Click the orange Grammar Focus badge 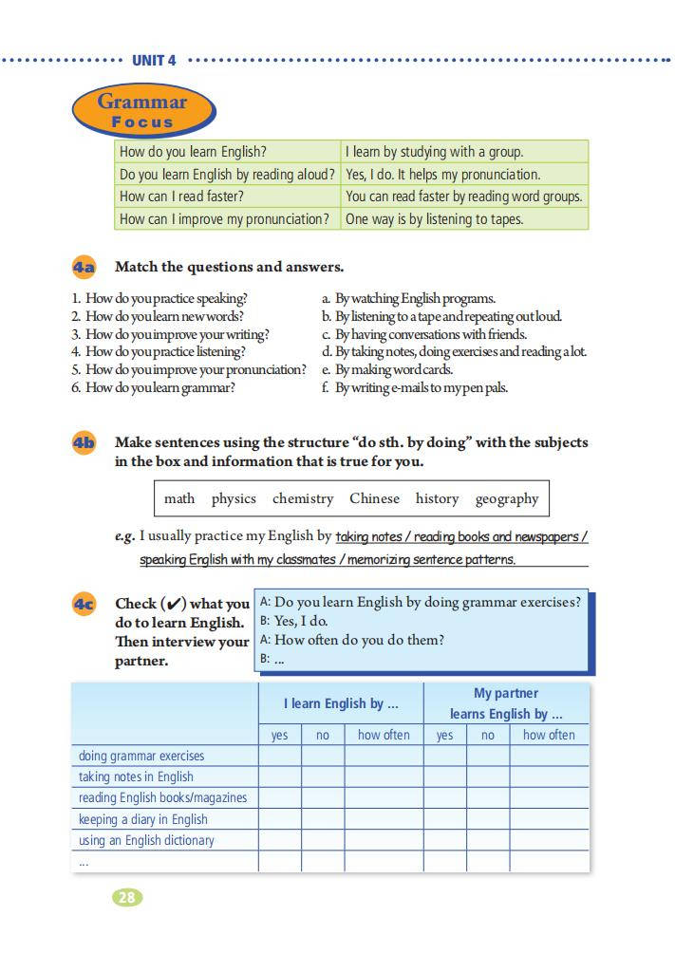pyautogui.click(x=142, y=111)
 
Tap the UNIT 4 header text pyautogui.click(x=154, y=61)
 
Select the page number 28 pyautogui.click(x=127, y=897)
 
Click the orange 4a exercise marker pyautogui.click(x=84, y=267)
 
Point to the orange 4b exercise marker pyautogui.click(x=84, y=443)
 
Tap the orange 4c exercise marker pyautogui.click(x=84, y=604)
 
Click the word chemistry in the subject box pyautogui.click(x=303, y=498)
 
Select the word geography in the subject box pyautogui.click(x=507, y=498)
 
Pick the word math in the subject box pyautogui.click(x=179, y=498)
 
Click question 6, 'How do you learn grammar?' pyautogui.click(x=154, y=387)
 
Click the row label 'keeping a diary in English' pyautogui.click(x=143, y=819)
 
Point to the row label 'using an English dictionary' pyautogui.click(x=147, y=840)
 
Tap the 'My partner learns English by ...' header pyautogui.click(x=506, y=703)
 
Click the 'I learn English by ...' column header pyautogui.click(x=340, y=703)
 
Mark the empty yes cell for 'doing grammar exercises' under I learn pyautogui.click(x=280, y=757)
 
